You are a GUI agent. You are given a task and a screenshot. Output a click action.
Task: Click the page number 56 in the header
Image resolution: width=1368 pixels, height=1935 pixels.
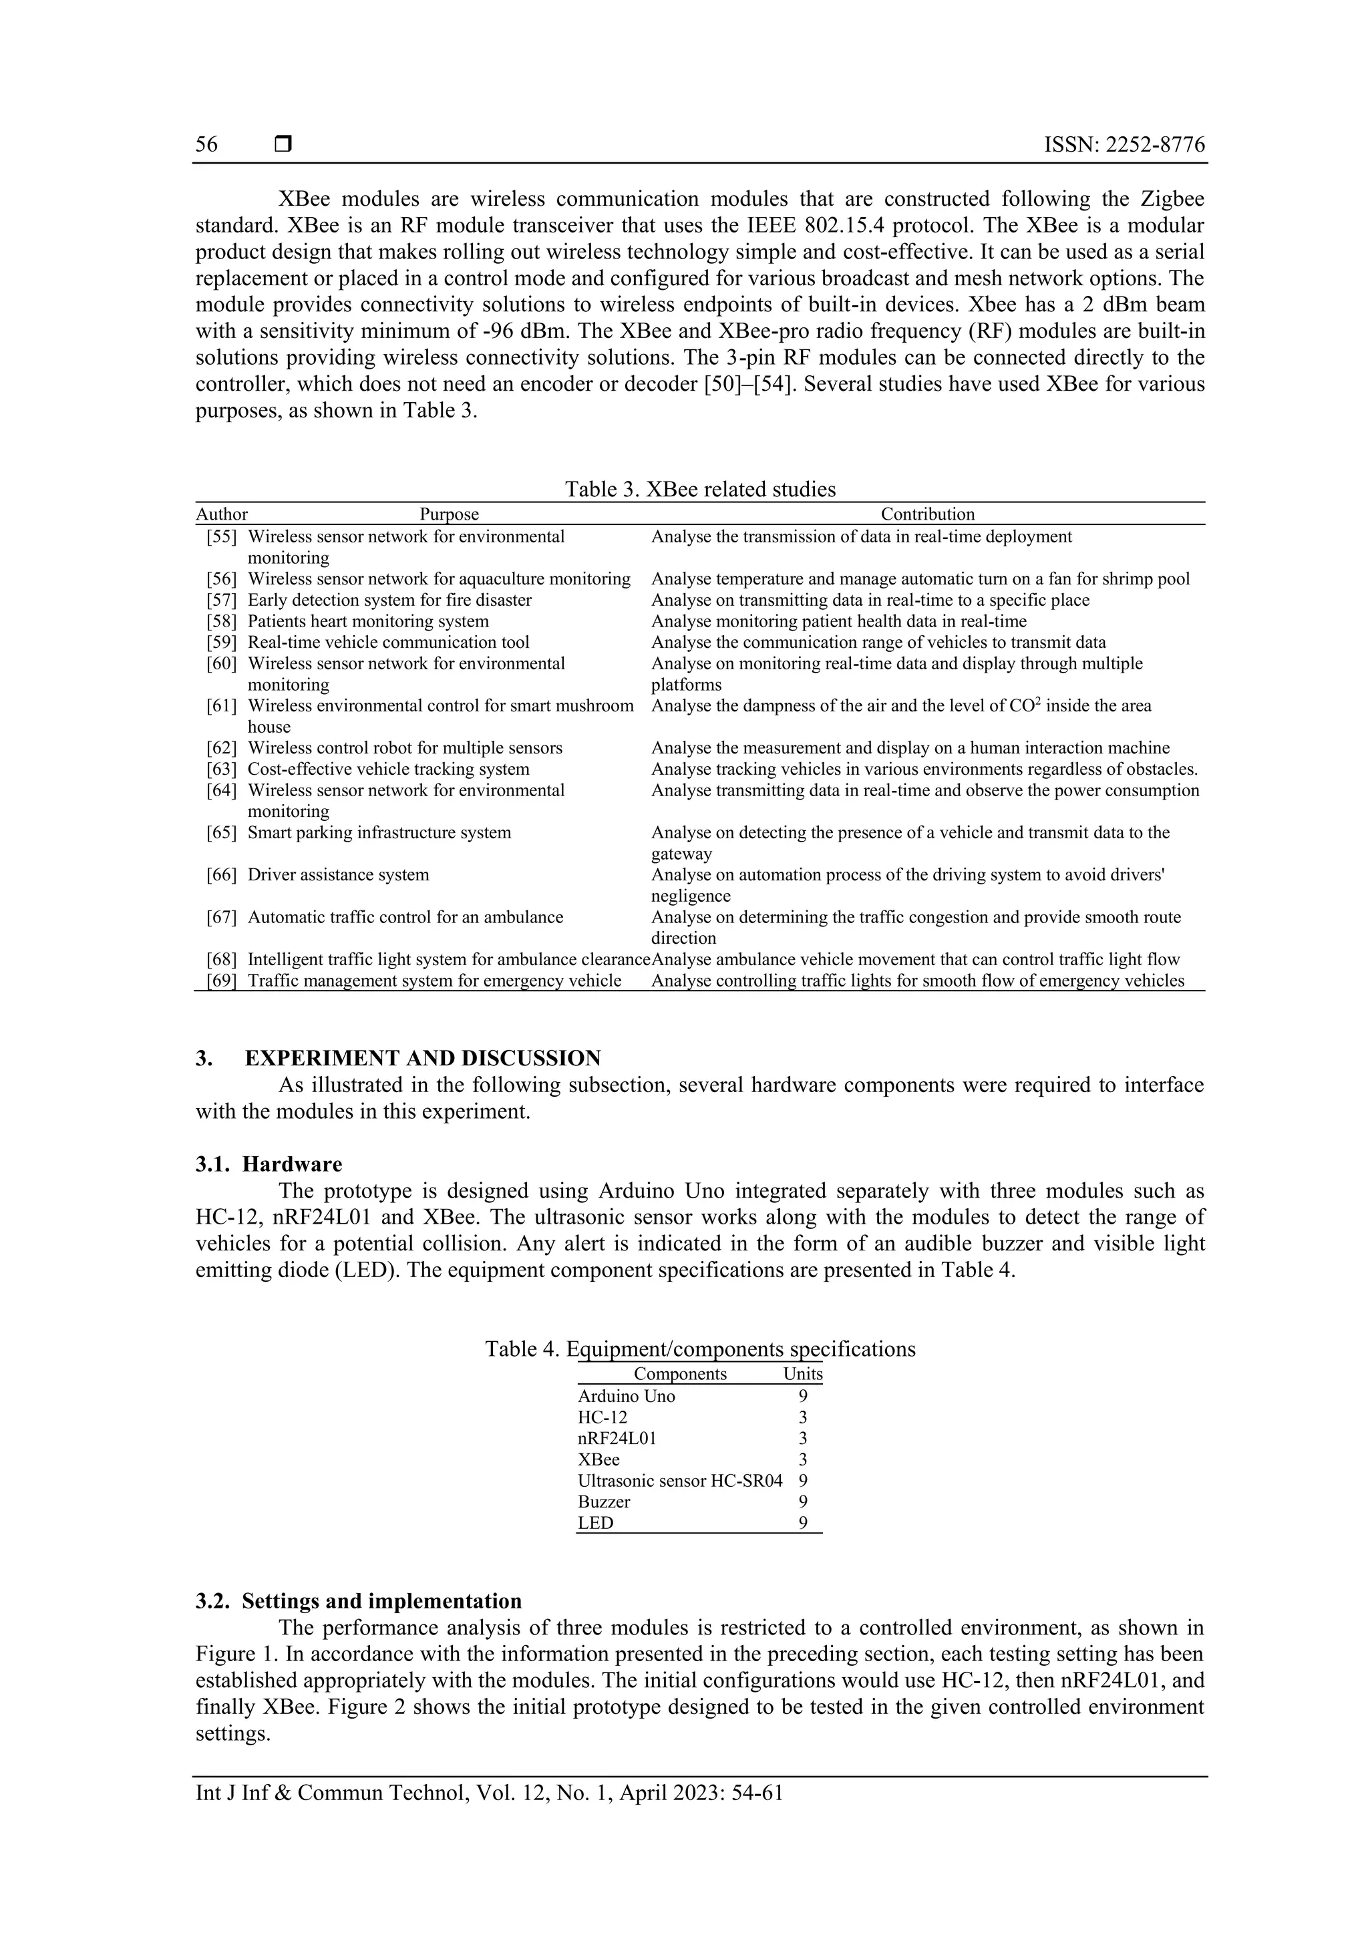click(x=206, y=145)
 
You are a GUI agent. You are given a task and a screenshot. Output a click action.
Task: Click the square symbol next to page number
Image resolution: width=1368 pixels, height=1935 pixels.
click(x=283, y=145)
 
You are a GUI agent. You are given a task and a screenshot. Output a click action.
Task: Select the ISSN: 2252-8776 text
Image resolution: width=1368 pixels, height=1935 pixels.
click(x=1124, y=145)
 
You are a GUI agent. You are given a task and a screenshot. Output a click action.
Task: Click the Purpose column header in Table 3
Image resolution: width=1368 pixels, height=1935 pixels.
click(x=450, y=514)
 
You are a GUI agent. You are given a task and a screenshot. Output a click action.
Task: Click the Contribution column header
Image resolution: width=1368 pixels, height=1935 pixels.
click(x=927, y=514)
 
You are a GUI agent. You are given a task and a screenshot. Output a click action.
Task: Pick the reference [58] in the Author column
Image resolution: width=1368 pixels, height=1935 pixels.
click(x=222, y=621)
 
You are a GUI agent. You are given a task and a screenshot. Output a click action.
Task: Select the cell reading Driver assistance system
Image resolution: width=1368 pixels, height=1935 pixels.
click(x=338, y=875)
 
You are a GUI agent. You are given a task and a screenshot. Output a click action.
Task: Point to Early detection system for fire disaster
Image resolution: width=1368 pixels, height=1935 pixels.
click(x=389, y=600)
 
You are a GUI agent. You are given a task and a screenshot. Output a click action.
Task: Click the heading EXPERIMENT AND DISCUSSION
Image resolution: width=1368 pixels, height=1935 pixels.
click(x=422, y=1058)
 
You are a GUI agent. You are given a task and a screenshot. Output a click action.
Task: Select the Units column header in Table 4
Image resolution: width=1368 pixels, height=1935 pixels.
click(x=802, y=1374)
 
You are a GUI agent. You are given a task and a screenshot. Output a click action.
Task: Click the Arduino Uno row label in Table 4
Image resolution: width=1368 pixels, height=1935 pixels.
click(x=627, y=1395)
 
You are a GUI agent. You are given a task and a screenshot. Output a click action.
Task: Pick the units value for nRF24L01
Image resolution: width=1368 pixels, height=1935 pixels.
click(x=802, y=1438)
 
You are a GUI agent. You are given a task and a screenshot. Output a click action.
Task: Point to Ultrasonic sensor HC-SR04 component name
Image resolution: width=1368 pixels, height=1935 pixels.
click(x=679, y=1480)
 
